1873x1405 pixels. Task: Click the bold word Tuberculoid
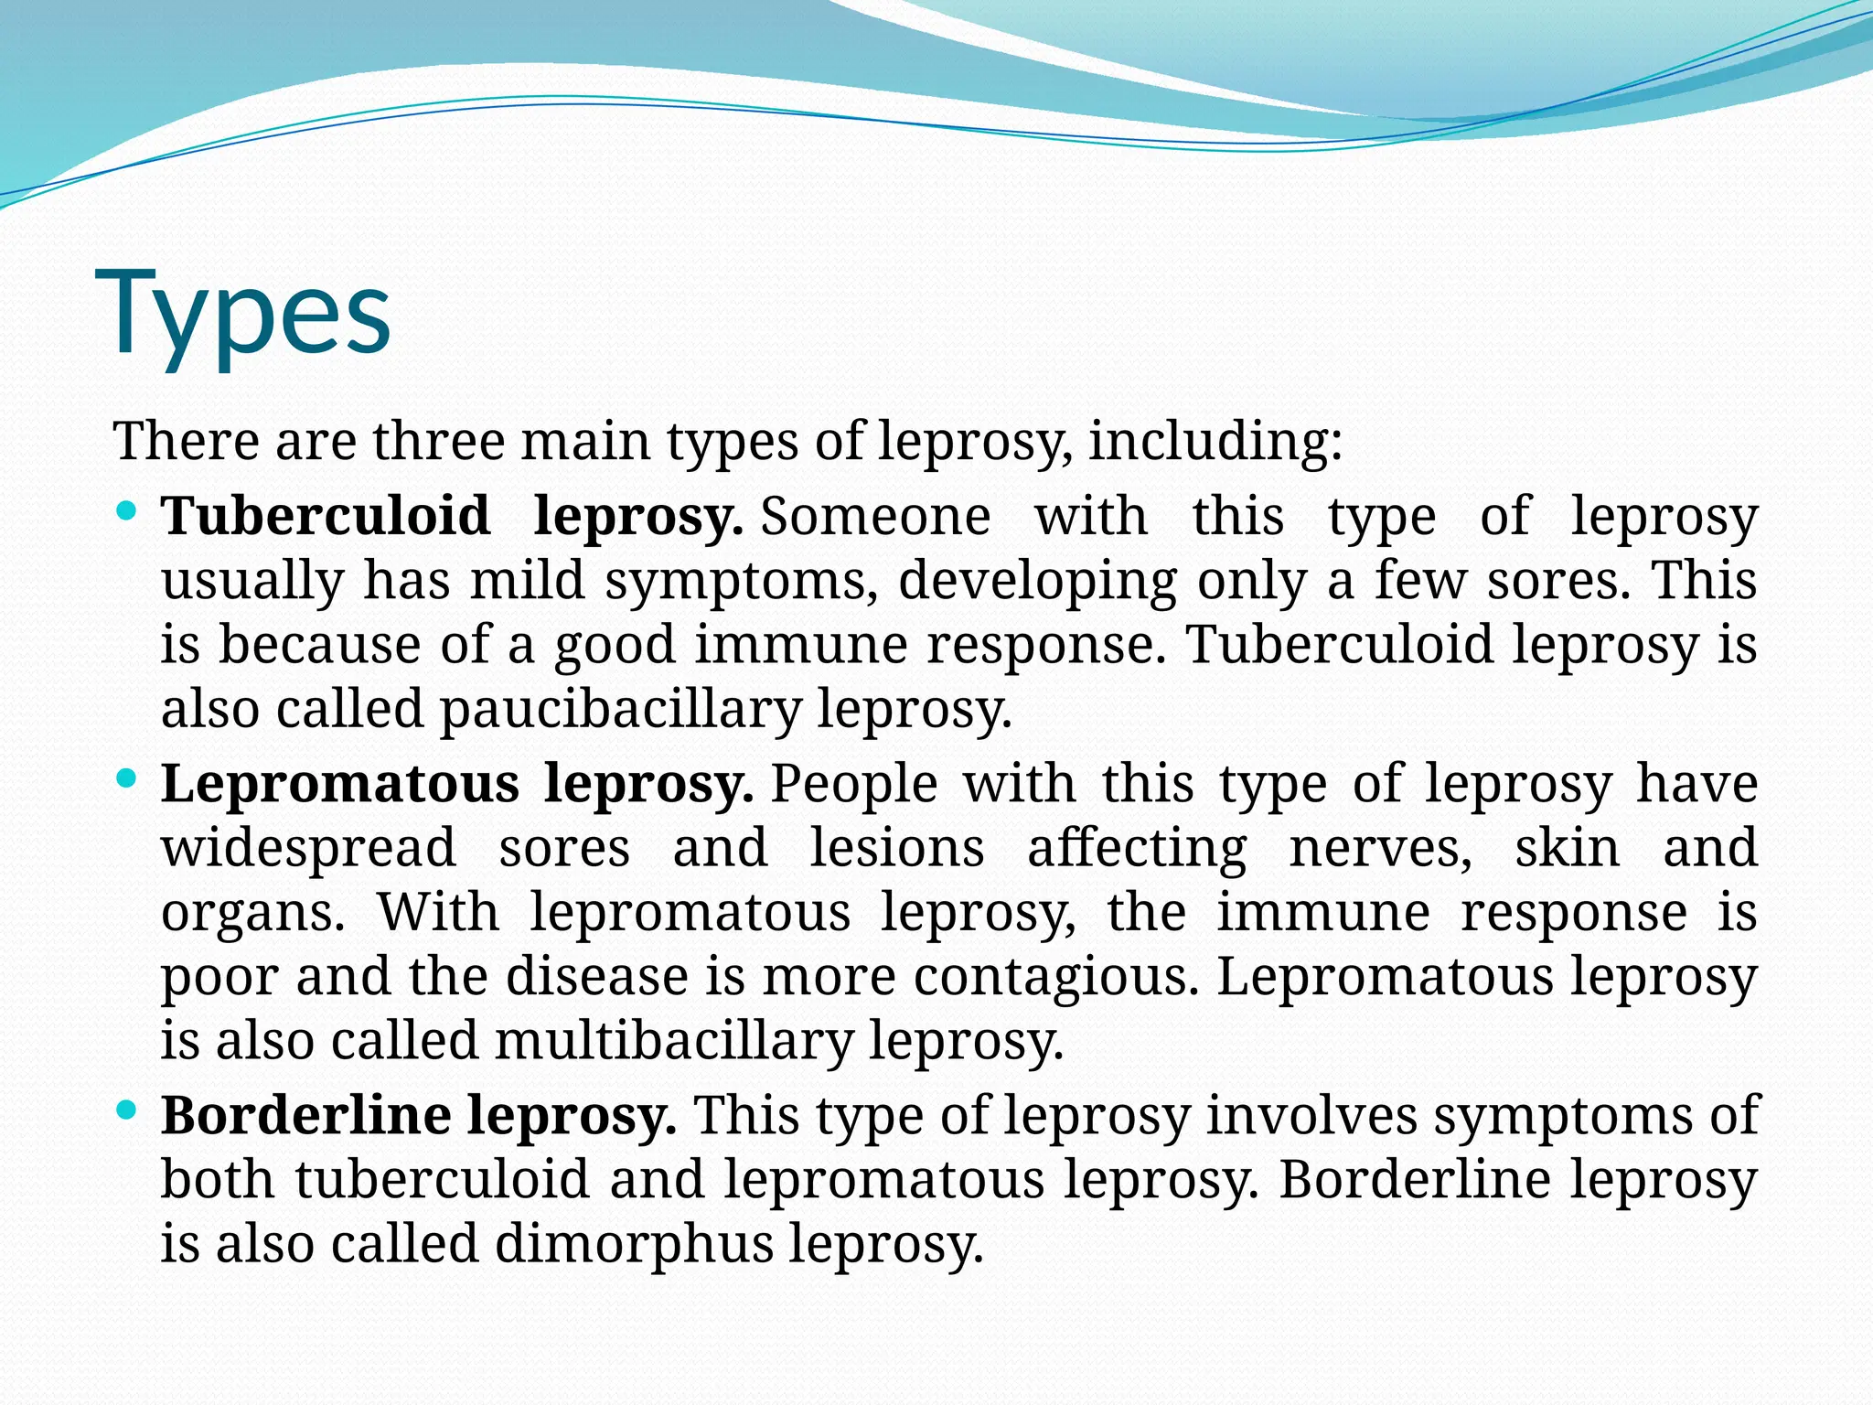326,516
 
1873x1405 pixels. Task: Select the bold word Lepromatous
340,784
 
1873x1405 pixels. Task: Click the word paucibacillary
621,709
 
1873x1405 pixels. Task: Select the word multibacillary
674,1041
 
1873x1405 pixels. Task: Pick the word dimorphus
635,1244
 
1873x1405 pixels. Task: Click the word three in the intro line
438,441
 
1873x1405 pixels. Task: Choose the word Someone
876,516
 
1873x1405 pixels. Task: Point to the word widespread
309,848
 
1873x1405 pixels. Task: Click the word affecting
1137,848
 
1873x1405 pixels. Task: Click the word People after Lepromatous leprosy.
854,784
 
